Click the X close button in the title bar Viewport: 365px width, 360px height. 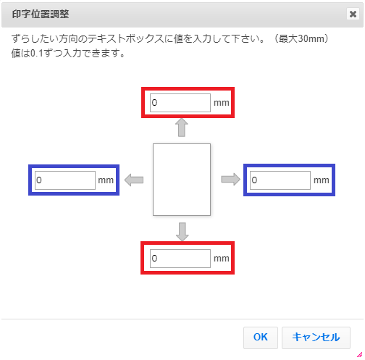(x=353, y=14)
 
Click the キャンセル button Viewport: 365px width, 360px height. (x=316, y=338)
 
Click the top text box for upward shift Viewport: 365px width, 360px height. (x=180, y=103)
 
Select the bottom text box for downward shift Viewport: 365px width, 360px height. (x=180, y=259)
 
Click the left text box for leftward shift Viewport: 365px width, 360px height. (x=65, y=180)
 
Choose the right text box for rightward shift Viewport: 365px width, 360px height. (x=280, y=180)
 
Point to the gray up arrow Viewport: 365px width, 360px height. (x=182, y=127)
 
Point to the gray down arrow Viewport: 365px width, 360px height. (x=182, y=232)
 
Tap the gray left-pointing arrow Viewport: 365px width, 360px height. (x=134, y=180)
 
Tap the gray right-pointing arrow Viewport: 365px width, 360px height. (x=231, y=180)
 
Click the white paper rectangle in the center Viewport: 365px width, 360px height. (x=182, y=180)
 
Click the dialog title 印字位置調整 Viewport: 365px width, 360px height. (x=41, y=14)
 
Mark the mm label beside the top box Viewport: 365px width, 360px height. (x=222, y=103)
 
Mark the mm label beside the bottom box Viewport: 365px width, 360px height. (x=222, y=259)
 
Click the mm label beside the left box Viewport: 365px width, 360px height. (x=106, y=180)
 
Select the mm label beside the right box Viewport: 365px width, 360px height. (x=322, y=180)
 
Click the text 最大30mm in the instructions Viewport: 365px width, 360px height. (x=301, y=38)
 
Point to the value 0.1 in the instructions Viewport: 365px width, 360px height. (x=37, y=54)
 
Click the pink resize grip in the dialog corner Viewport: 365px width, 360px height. (x=360, y=355)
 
